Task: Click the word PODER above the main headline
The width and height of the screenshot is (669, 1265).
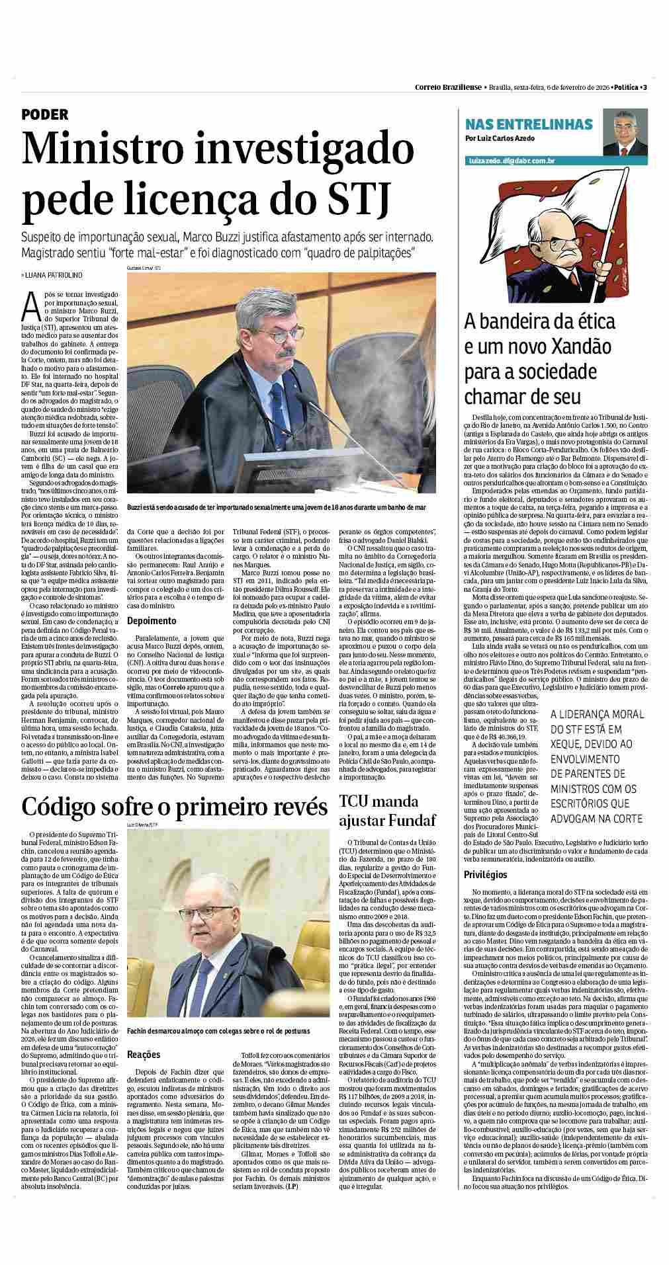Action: click(45, 114)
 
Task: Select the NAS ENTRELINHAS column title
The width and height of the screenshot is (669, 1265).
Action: click(529, 125)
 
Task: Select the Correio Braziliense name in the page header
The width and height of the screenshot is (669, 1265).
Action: click(449, 87)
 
